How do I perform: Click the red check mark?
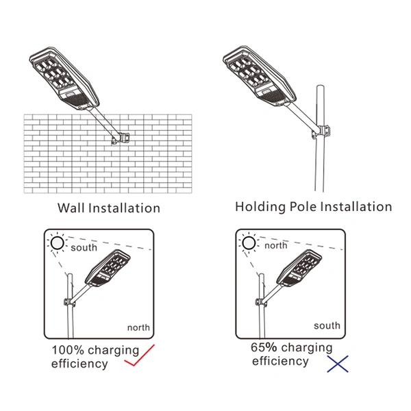(x=140, y=358)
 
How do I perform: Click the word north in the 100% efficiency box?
(x=137, y=327)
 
